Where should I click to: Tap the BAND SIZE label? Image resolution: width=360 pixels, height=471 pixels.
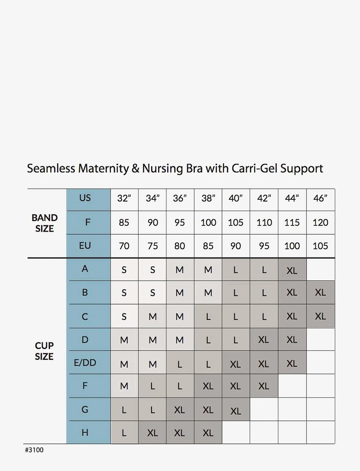(45, 223)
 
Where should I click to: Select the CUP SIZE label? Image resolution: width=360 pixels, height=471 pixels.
(44, 351)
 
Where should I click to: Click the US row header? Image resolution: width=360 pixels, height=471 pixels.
(85, 198)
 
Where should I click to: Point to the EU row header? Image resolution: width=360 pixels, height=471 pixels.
(85, 246)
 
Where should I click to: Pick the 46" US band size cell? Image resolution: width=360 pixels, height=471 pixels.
(320, 199)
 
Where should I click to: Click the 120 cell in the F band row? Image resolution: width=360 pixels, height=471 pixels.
(320, 223)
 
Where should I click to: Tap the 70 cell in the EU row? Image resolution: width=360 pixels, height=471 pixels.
(124, 246)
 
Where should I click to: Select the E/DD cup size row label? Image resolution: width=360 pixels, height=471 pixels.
(85, 363)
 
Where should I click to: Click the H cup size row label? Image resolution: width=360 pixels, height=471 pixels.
(85, 432)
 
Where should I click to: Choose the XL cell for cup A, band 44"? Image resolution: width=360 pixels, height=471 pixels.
(292, 271)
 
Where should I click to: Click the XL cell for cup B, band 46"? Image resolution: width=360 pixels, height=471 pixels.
(320, 293)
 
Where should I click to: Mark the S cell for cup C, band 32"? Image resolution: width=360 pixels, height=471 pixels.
(124, 317)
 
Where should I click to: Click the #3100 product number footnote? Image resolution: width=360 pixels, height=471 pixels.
(34, 450)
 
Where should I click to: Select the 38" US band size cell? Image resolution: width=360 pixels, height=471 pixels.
(208, 199)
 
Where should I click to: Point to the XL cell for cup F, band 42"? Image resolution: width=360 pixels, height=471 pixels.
(264, 386)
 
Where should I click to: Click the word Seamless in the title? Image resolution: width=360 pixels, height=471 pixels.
(51, 169)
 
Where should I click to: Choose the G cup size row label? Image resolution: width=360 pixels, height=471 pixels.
(85, 409)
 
